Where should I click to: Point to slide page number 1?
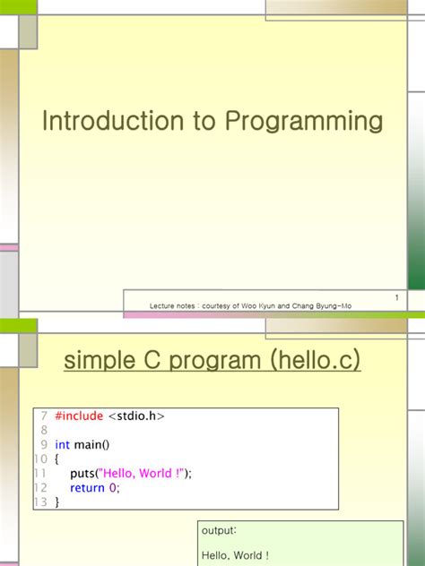[x=395, y=297]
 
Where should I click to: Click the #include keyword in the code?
[x=79, y=416]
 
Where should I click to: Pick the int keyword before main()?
[x=62, y=445]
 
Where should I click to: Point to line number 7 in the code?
[x=42, y=416]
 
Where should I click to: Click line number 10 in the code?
[x=39, y=459]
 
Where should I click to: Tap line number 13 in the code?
[x=39, y=502]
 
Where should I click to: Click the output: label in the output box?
[x=219, y=530]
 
